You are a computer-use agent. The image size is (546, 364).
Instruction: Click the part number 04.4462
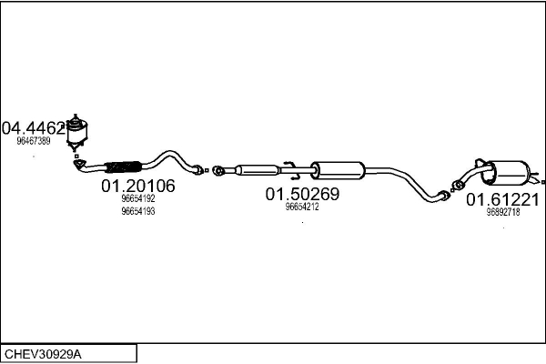pyautogui.click(x=34, y=128)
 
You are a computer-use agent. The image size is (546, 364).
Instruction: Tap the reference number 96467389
pyautogui.click(x=34, y=141)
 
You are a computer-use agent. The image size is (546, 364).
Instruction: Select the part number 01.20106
pyautogui.click(x=138, y=186)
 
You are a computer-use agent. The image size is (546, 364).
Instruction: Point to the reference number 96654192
pyautogui.click(x=138, y=198)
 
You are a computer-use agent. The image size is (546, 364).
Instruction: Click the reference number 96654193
pyautogui.click(x=138, y=211)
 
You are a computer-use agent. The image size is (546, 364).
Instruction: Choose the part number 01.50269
pyautogui.click(x=302, y=194)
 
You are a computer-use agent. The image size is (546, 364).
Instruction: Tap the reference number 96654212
pyautogui.click(x=302, y=207)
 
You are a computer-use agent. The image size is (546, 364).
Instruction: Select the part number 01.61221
pyautogui.click(x=503, y=200)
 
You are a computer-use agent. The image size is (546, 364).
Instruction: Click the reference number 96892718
pyautogui.click(x=503, y=212)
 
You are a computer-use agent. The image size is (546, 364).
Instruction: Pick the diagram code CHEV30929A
pyautogui.click(x=43, y=355)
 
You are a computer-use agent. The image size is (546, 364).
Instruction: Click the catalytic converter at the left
pyautogui.click(x=76, y=132)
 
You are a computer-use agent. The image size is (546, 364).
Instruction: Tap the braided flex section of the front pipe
pyautogui.click(x=123, y=167)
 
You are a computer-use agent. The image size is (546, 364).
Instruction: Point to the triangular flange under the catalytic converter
pyautogui.click(x=80, y=165)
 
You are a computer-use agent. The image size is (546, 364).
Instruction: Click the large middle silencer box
pyautogui.click(x=338, y=170)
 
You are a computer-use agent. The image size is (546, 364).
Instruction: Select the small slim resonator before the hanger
pyautogui.click(x=258, y=170)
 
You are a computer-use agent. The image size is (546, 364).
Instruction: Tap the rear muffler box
pyautogui.click(x=506, y=172)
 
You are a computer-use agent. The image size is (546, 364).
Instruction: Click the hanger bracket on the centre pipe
pyautogui.click(x=290, y=171)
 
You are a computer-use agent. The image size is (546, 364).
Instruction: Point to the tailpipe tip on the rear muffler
pyautogui.click(x=537, y=181)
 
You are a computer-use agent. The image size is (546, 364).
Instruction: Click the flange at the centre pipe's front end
pyautogui.click(x=218, y=171)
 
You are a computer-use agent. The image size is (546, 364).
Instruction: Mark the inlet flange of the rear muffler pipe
pyautogui.click(x=457, y=186)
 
